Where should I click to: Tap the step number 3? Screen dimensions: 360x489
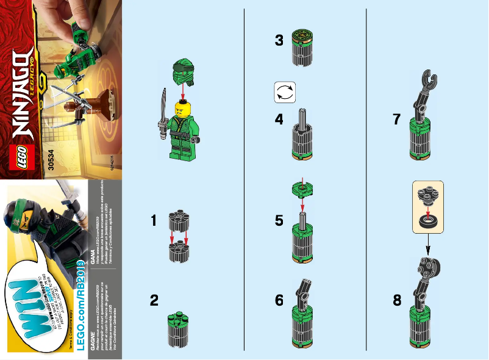pos(279,41)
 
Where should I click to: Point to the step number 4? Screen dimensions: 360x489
pos(279,120)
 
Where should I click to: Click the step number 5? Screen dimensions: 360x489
pos(279,220)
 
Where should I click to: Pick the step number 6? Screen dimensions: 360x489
pos(279,300)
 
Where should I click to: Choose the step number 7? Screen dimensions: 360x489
pos(397,120)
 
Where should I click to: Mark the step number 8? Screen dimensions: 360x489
pos(397,300)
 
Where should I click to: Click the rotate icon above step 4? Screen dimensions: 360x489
pos(285,92)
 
